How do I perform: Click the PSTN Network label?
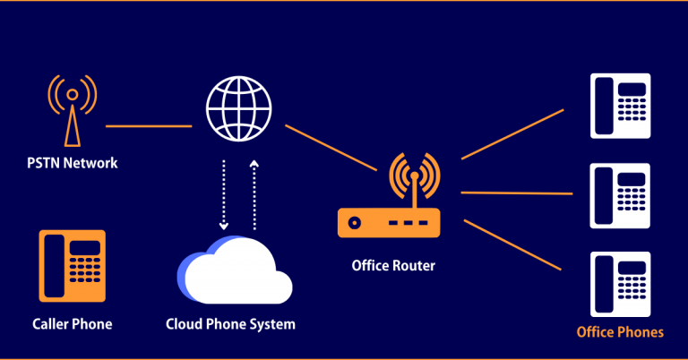click(72, 164)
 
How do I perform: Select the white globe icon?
click(238, 106)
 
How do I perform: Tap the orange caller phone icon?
click(72, 265)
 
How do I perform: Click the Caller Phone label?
click(72, 323)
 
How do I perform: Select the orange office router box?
click(389, 222)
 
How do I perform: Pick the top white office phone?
click(620, 106)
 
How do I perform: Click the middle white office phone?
click(620, 193)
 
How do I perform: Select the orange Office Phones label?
click(620, 332)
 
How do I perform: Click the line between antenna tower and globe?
click(148, 126)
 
